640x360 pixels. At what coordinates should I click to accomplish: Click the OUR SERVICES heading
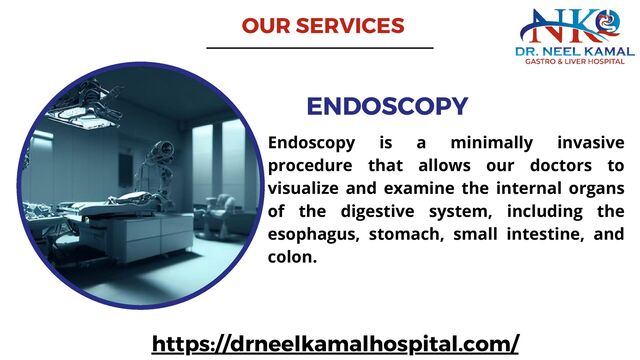click(322, 25)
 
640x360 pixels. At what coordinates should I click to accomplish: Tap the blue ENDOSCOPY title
click(387, 106)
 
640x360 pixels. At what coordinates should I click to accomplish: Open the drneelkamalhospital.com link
click(335, 344)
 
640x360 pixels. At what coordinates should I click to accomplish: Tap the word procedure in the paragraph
click(309, 164)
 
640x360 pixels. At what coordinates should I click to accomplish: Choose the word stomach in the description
click(414, 234)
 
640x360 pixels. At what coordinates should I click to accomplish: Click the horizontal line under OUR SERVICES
click(320, 47)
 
